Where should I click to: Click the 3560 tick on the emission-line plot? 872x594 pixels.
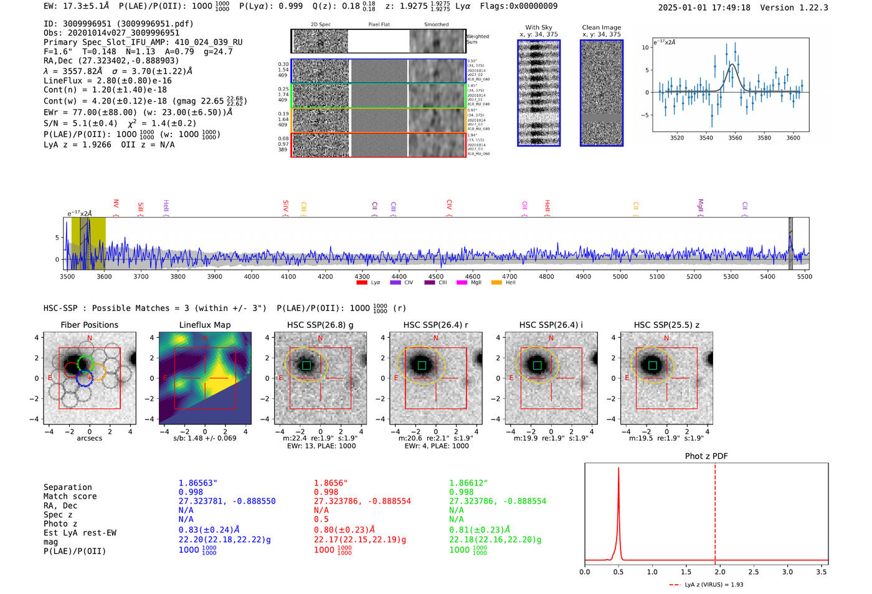(x=735, y=138)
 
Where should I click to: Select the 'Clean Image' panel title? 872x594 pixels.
(x=601, y=27)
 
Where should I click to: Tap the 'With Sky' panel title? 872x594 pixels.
(x=539, y=27)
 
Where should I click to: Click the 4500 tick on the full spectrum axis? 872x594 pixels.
(x=436, y=276)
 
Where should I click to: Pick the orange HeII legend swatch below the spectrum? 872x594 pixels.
(x=496, y=283)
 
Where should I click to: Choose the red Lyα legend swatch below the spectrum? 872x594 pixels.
(x=362, y=283)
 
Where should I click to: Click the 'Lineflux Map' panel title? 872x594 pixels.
(x=204, y=325)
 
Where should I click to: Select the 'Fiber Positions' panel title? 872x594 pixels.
(x=89, y=325)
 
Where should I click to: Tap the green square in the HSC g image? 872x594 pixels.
(x=306, y=365)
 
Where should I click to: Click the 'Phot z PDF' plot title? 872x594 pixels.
(x=706, y=456)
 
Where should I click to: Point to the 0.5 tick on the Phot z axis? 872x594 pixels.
(x=618, y=572)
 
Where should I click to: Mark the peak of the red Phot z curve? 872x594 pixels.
(x=618, y=468)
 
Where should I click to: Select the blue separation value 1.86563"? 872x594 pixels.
(x=197, y=483)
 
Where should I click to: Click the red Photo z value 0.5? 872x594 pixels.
(x=321, y=519)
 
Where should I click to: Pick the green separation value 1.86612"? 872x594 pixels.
(x=468, y=483)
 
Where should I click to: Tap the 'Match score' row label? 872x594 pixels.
(x=70, y=496)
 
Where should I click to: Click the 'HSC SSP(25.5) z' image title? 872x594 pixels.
(x=666, y=325)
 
